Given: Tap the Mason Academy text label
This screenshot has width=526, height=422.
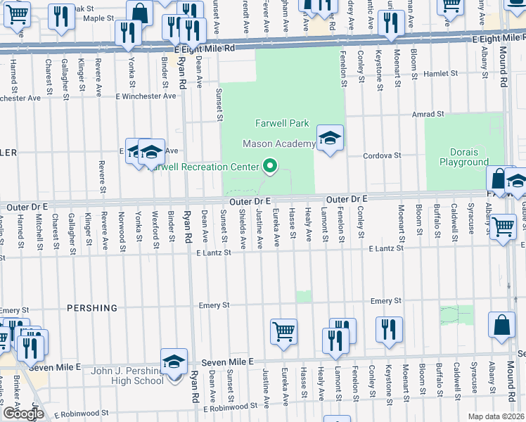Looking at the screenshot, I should [x=278, y=143].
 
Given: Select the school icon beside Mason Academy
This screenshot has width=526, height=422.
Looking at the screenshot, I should [x=329, y=139].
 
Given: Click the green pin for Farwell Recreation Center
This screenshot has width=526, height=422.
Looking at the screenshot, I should [x=269, y=167].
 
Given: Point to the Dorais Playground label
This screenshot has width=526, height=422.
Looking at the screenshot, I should [x=464, y=157].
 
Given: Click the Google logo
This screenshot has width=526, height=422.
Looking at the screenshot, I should [x=23, y=413].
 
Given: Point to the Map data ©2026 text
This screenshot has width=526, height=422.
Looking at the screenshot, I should [x=496, y=416].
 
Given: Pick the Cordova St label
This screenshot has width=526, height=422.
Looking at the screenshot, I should [x=382, y=155].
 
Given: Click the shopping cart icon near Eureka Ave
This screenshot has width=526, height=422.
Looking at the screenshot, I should [x=283, y=331].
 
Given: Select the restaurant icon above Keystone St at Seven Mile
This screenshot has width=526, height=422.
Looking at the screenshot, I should [x=388, y=329].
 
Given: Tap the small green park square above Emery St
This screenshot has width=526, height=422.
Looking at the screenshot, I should [x=303, y=296].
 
